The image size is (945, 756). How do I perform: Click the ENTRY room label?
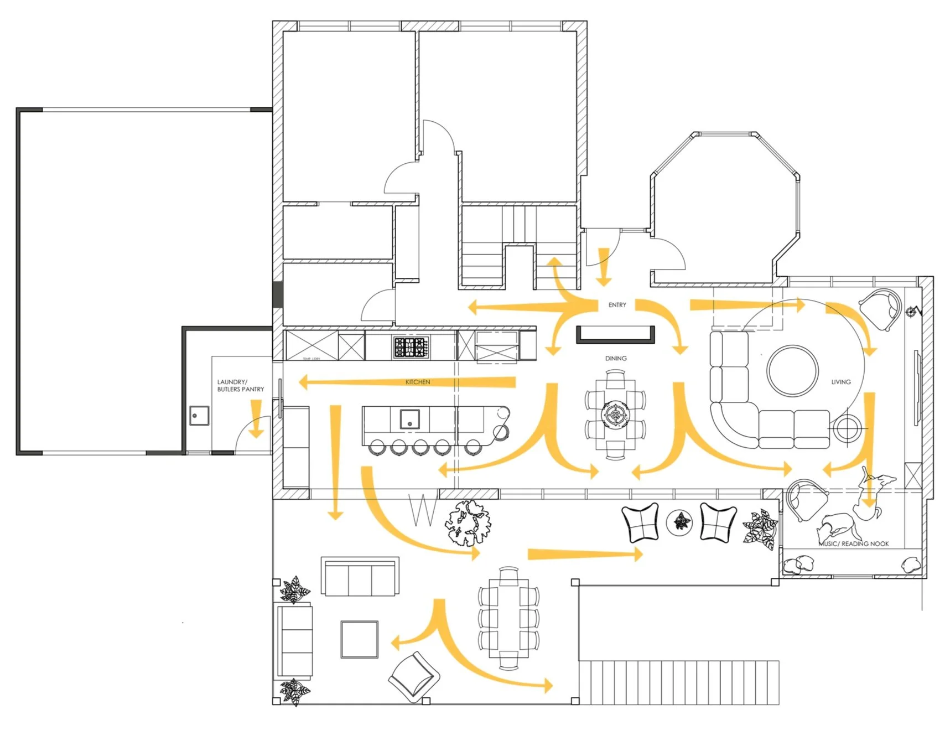pos(617,305)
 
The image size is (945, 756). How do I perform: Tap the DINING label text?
pos(616,359)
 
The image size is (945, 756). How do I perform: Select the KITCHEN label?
pos(418,382)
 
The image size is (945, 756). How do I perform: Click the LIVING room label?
pos(840,382)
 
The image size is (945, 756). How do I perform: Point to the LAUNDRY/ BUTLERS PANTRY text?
pos(240,386)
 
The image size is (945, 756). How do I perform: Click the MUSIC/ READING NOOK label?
pos(854,544)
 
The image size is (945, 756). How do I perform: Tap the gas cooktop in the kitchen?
pos(411,348)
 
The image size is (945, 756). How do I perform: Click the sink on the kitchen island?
pos(410,419)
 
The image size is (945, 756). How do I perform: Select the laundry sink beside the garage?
pos(199,415)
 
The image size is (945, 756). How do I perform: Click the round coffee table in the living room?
pos(792,370)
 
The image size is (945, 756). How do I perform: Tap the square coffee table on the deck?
pos(360,639)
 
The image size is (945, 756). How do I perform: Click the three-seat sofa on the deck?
pos(360,577)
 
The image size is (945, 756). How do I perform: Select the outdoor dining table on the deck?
pos(508,618)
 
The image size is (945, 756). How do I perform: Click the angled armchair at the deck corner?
pos(414,677)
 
